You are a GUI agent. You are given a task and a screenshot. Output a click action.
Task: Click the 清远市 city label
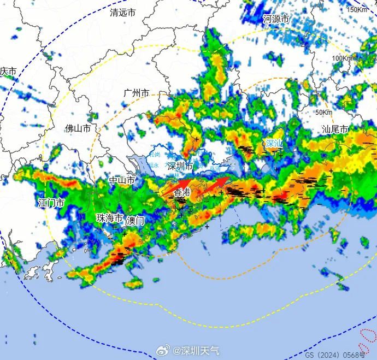[122, 12]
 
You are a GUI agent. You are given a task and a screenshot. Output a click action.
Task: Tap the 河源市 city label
[275, 19]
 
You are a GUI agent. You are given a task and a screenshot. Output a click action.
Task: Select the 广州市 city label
[136, 93]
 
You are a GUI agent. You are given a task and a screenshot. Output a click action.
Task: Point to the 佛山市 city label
[78, 128]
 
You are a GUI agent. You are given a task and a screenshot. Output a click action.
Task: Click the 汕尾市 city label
[335, 129]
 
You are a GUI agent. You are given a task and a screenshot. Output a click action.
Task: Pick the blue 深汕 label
[274, 144]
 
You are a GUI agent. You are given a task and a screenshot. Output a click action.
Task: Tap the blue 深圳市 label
[180, 166]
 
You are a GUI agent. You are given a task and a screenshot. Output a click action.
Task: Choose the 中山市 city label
[122, 180]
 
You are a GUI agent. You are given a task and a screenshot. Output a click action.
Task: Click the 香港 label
[182, 192]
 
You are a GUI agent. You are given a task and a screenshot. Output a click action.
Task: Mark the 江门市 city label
[51, 203]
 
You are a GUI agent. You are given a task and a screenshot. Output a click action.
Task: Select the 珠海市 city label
[110, 217]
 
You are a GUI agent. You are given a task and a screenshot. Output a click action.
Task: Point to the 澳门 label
[135, 221]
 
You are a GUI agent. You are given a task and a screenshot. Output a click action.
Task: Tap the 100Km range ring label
[343, 58]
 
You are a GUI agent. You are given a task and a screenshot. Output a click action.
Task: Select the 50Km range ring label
[324, 113]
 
